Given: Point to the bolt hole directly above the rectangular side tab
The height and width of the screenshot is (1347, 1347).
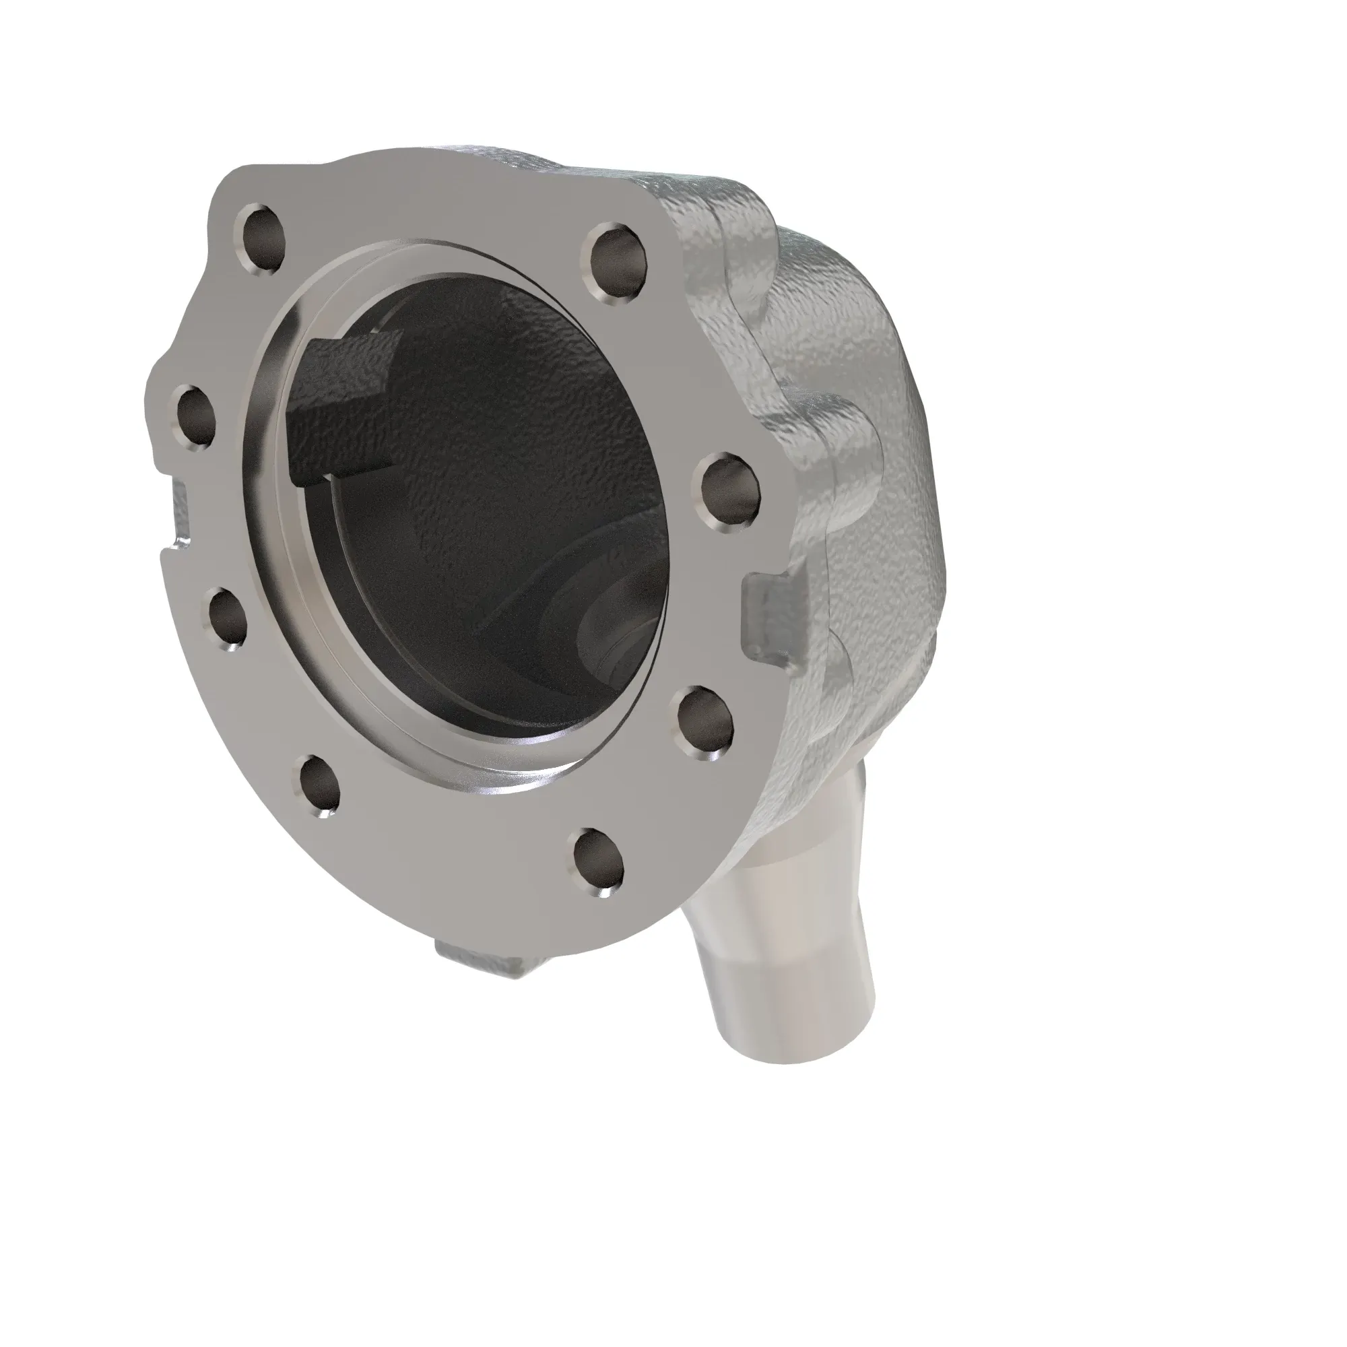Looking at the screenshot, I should pos(729,489).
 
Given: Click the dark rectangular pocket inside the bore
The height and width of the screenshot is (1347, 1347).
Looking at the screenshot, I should pos(341,408).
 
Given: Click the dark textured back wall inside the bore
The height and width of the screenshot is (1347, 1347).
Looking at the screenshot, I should pos(502,432).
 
